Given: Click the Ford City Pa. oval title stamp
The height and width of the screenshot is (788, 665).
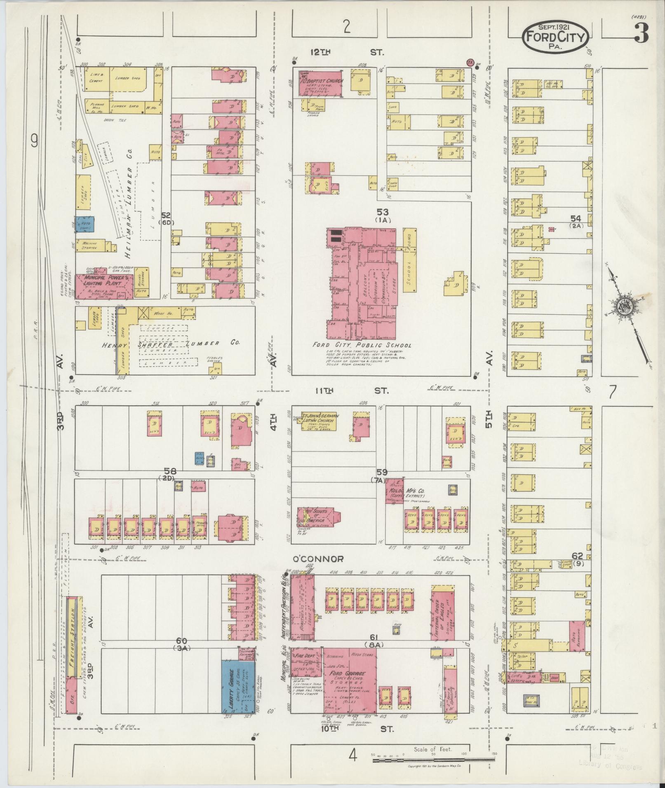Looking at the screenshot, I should click(556, 37).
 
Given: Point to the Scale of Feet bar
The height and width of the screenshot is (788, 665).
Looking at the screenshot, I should click(433, 759).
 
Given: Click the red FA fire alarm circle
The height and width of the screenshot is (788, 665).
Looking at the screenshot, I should click(469, 62).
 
